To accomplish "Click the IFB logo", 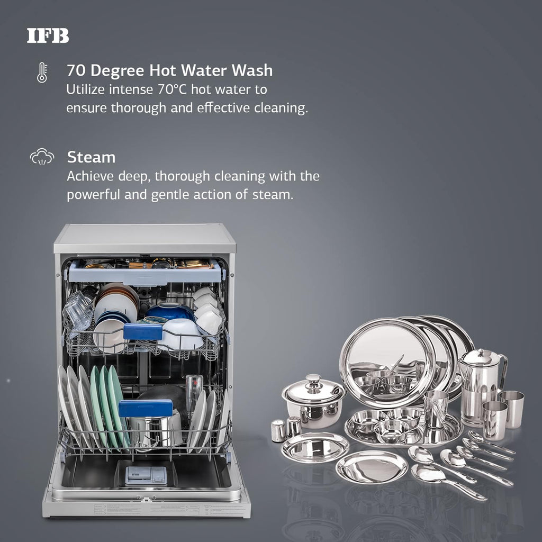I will coord(48,36).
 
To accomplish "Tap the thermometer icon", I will coord(42,73).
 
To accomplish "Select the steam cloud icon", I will coord(42,157).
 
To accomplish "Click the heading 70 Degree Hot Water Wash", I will coord(169,70).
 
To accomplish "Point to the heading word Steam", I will coord(91,157).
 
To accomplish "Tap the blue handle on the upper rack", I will coord(143,331).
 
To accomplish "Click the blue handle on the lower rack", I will coord(146,408).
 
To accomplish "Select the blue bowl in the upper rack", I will coord(170,312).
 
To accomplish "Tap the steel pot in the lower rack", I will coord(156,423).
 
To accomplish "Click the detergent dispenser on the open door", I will coord(146,475).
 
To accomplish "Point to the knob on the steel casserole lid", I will coord(313,380).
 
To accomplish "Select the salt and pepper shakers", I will coord(286,429).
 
